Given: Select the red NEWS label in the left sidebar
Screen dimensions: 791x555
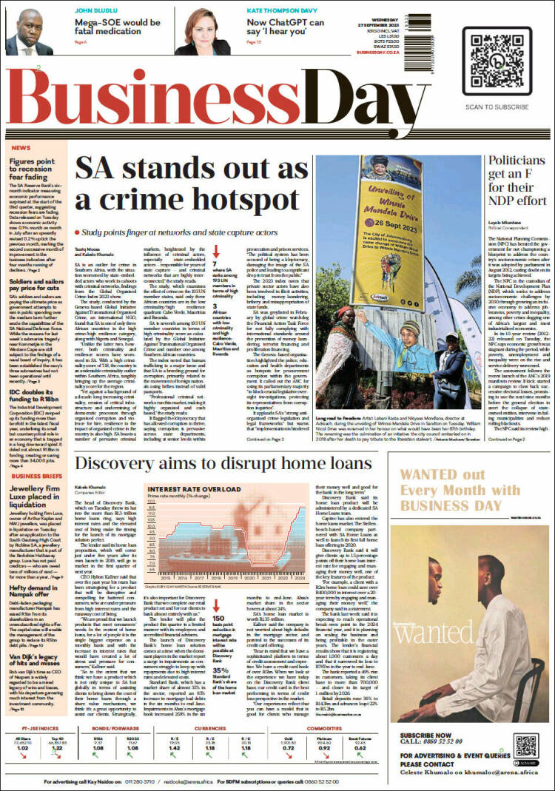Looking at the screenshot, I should [21, 148].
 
